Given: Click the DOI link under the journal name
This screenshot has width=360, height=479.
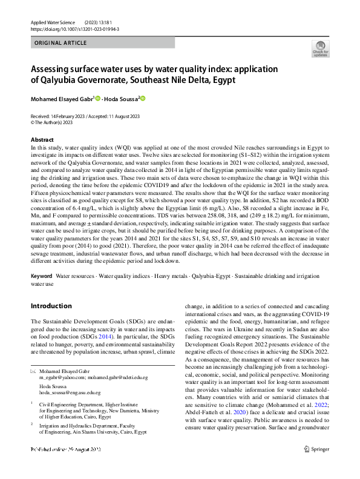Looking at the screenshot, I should [x=67, y=28].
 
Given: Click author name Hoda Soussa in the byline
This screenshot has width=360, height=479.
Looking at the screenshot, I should [x=122, y=98].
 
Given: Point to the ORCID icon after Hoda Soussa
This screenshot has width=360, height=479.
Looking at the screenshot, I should [x=143, y=98].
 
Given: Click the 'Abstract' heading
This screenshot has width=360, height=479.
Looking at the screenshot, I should [x=42, y=140].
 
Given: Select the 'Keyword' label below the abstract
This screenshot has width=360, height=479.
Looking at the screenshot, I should [x=41, y=276].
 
